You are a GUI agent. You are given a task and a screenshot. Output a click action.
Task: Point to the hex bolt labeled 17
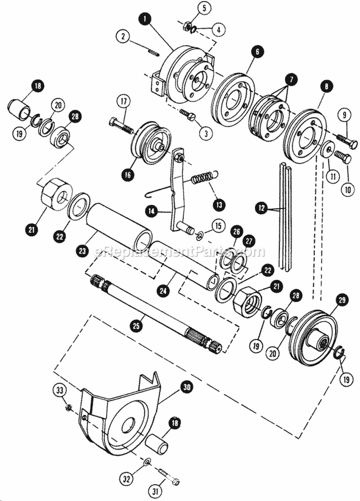pos(120,124)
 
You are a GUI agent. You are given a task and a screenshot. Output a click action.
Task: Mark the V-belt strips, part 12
pos(284,216)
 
